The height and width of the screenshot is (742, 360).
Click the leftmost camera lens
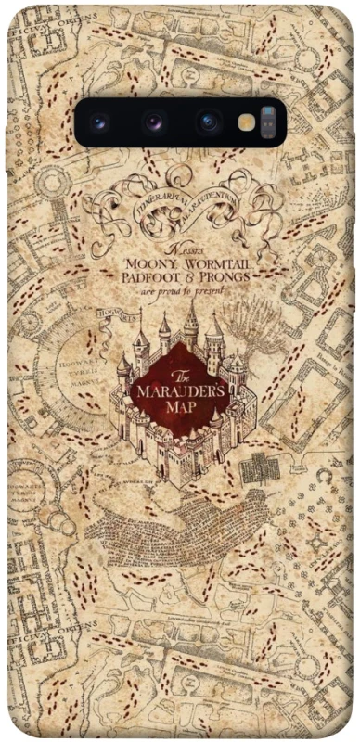coord(98,122)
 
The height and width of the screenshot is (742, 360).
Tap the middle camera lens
coord(153,122)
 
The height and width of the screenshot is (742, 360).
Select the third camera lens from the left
coord(207,122)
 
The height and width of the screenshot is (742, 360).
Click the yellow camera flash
coord(246,122)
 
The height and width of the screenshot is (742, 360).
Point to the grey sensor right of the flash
coord(268,122)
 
